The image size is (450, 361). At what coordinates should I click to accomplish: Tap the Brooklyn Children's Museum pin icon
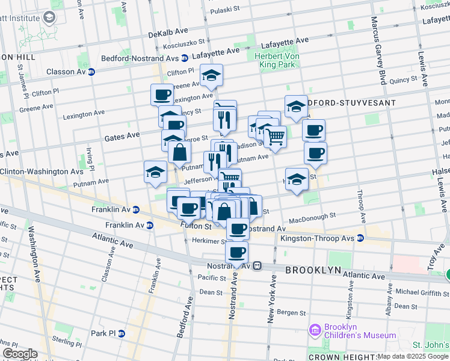[313, 330]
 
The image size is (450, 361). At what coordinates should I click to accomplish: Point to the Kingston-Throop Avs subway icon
[360, 238]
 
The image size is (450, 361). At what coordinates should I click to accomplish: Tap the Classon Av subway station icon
[91, 72]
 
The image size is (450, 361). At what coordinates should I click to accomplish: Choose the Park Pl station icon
[121, 333]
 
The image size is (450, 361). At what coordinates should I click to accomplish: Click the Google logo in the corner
[19, 354]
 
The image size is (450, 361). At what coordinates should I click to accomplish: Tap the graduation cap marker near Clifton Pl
[211, 76]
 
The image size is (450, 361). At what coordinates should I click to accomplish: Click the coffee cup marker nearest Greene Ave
[162, 94]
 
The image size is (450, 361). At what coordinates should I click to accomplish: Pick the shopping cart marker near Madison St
[275, 137]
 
